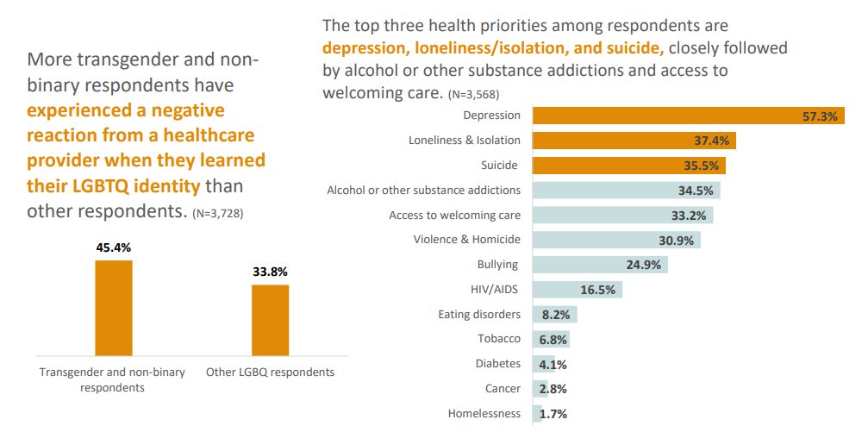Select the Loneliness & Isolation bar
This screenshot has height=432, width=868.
click(634, 141)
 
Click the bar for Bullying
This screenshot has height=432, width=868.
click(600, 265)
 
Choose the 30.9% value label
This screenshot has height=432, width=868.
click(677, 240)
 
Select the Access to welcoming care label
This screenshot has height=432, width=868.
click(455, 215)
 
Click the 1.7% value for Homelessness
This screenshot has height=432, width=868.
click(553, 414)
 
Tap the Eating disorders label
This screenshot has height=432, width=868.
click(479, 314)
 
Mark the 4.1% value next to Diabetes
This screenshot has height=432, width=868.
click(553, 364)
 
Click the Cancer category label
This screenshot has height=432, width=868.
click(503, 389)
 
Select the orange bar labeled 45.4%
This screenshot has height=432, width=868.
click(114, 307)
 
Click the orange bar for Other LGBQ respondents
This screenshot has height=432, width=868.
click(270, 319)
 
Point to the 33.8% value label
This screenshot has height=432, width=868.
click(270, 272)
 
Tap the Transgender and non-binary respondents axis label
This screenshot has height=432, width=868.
click(112, 379)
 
